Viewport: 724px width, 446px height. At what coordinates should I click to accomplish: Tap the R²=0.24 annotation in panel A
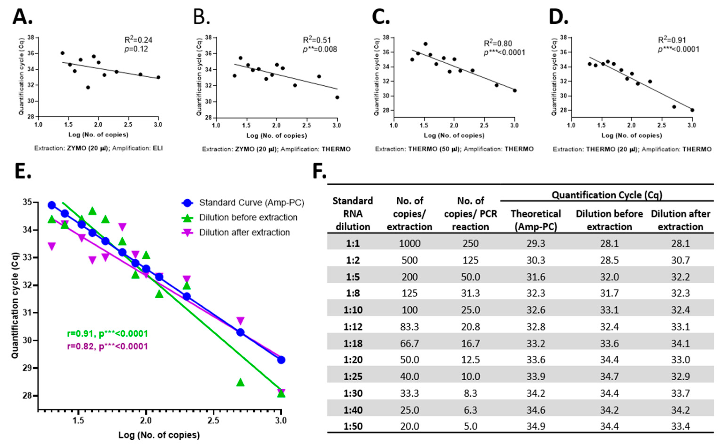(138, 40)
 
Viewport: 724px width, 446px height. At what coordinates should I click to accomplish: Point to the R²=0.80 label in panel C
(498, 43)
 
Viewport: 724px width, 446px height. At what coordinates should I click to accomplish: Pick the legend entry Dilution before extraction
(248, 217)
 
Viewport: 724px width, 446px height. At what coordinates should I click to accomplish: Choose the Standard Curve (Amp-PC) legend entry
(252, 203)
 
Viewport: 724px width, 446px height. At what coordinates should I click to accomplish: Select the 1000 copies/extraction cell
(410, 243)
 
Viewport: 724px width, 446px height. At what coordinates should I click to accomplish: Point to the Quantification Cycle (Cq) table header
(607, 195)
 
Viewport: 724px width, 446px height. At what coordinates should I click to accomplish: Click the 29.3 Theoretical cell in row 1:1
(536, 243)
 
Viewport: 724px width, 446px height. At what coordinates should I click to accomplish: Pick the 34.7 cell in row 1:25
(609, 376)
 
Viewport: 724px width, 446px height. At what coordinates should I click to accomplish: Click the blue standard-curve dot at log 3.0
(281, 360)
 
